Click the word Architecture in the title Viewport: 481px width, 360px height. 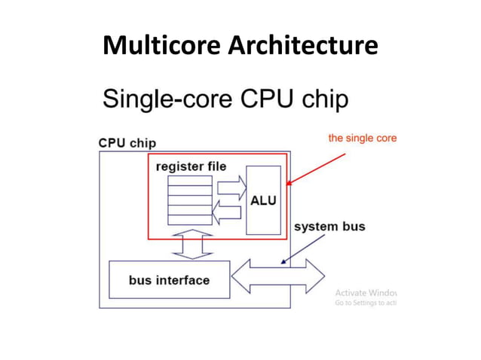pyautogui.click(x=302, y=47)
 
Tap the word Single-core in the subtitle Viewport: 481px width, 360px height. pyautogui.click(x=165, y=100)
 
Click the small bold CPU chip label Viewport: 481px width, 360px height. pyautogui.click(x=127, y=142)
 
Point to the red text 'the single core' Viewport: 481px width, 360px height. pyautogui.click(x=362, y=139)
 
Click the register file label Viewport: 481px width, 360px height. pyautogui.click(x=191, y=166)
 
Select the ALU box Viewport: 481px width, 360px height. pyautogui.click(x=263, y=200)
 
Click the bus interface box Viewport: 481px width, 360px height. pyautogui.click(x=169, y=280)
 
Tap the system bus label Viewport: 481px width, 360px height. pyautogui.click(x=329, y=227)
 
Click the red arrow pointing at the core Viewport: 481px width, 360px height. pyautogui.click(x=317, y=169)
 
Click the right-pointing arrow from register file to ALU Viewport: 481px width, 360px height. pyautogui.click(x=230, y=187)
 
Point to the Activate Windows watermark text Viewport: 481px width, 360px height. pyautogui.click(x=365, y=292)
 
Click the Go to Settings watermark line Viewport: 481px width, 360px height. pyautogui.click(x=365, y=303)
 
